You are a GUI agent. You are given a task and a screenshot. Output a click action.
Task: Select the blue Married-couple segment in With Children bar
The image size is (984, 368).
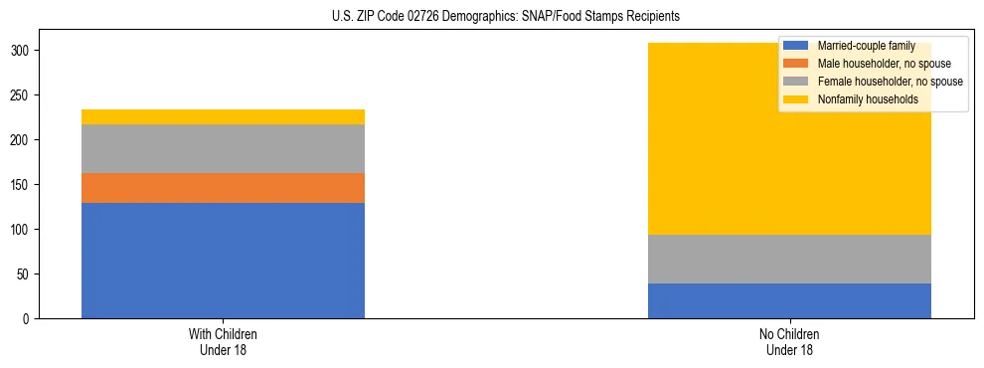coord(223,261)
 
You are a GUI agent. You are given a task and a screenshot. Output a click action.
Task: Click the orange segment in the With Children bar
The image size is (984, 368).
coord(223,188)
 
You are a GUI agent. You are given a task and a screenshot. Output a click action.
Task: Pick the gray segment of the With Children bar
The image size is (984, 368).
coord(223,149)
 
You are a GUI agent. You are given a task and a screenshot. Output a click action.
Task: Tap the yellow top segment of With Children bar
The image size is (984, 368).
coord(223,116)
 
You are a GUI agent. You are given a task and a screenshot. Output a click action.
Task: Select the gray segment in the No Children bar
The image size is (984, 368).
coord(789,259)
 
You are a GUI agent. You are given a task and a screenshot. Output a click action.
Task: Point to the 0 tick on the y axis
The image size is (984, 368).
coord(31,319)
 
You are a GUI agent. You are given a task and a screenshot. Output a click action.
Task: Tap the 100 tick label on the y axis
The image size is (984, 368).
coord(25,230)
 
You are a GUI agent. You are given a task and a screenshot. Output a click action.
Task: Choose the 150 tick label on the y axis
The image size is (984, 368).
coord(25,185)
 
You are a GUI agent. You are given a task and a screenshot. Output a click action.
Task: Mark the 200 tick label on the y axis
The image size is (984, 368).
coord(25,140)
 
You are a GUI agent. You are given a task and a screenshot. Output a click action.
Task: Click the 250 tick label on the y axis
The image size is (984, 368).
coord(25,95)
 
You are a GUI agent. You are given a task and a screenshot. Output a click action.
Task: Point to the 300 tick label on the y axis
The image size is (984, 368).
coord(25,51)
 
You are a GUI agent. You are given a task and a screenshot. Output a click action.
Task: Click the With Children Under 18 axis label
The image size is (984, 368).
coord(223,342)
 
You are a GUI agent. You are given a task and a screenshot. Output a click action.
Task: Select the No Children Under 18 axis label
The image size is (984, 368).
coord(789,342)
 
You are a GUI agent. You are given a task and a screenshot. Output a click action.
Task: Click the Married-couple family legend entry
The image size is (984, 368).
coord(864,46)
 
